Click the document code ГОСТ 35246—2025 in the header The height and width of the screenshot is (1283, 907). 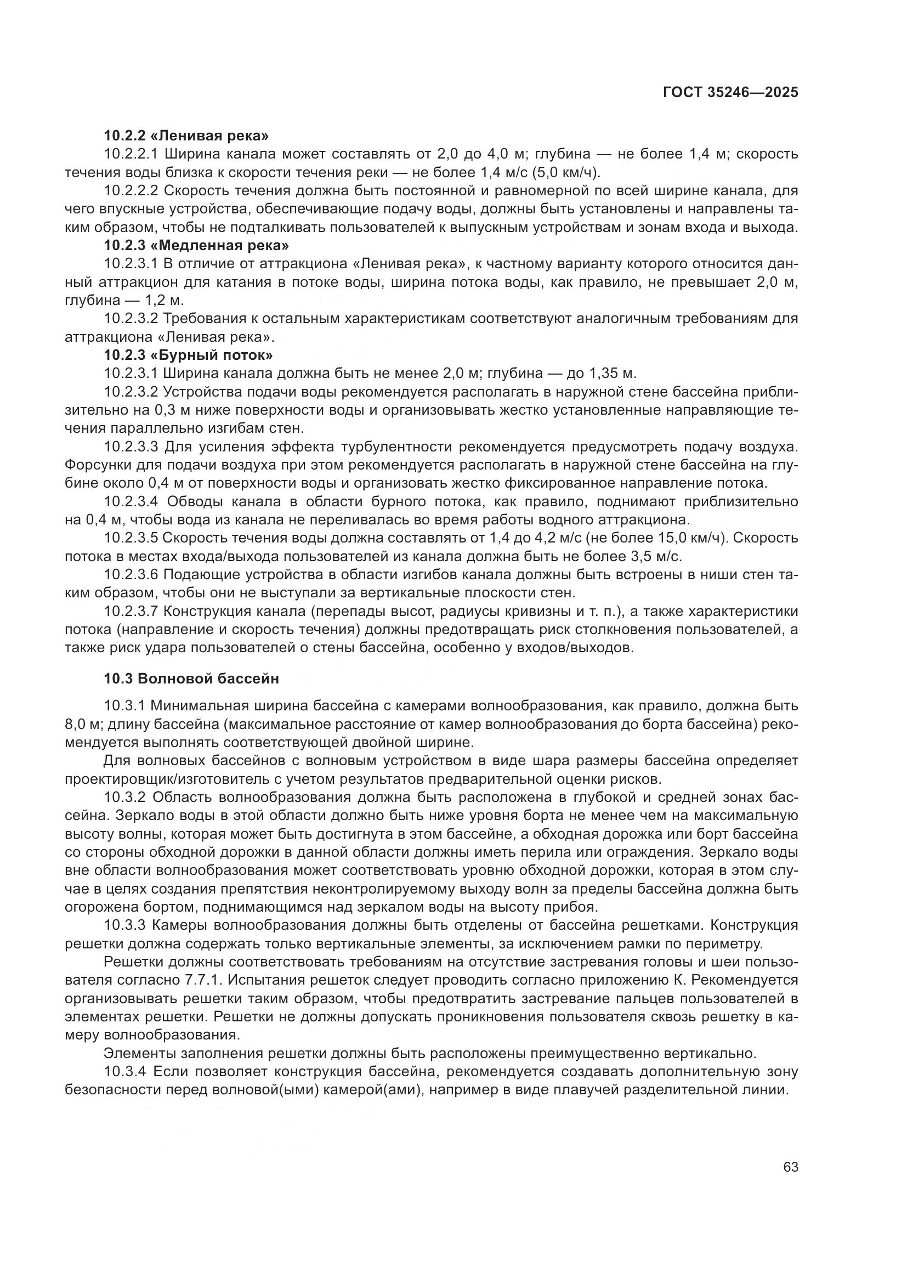730,93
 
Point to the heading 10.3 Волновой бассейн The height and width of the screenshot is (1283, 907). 191,679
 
